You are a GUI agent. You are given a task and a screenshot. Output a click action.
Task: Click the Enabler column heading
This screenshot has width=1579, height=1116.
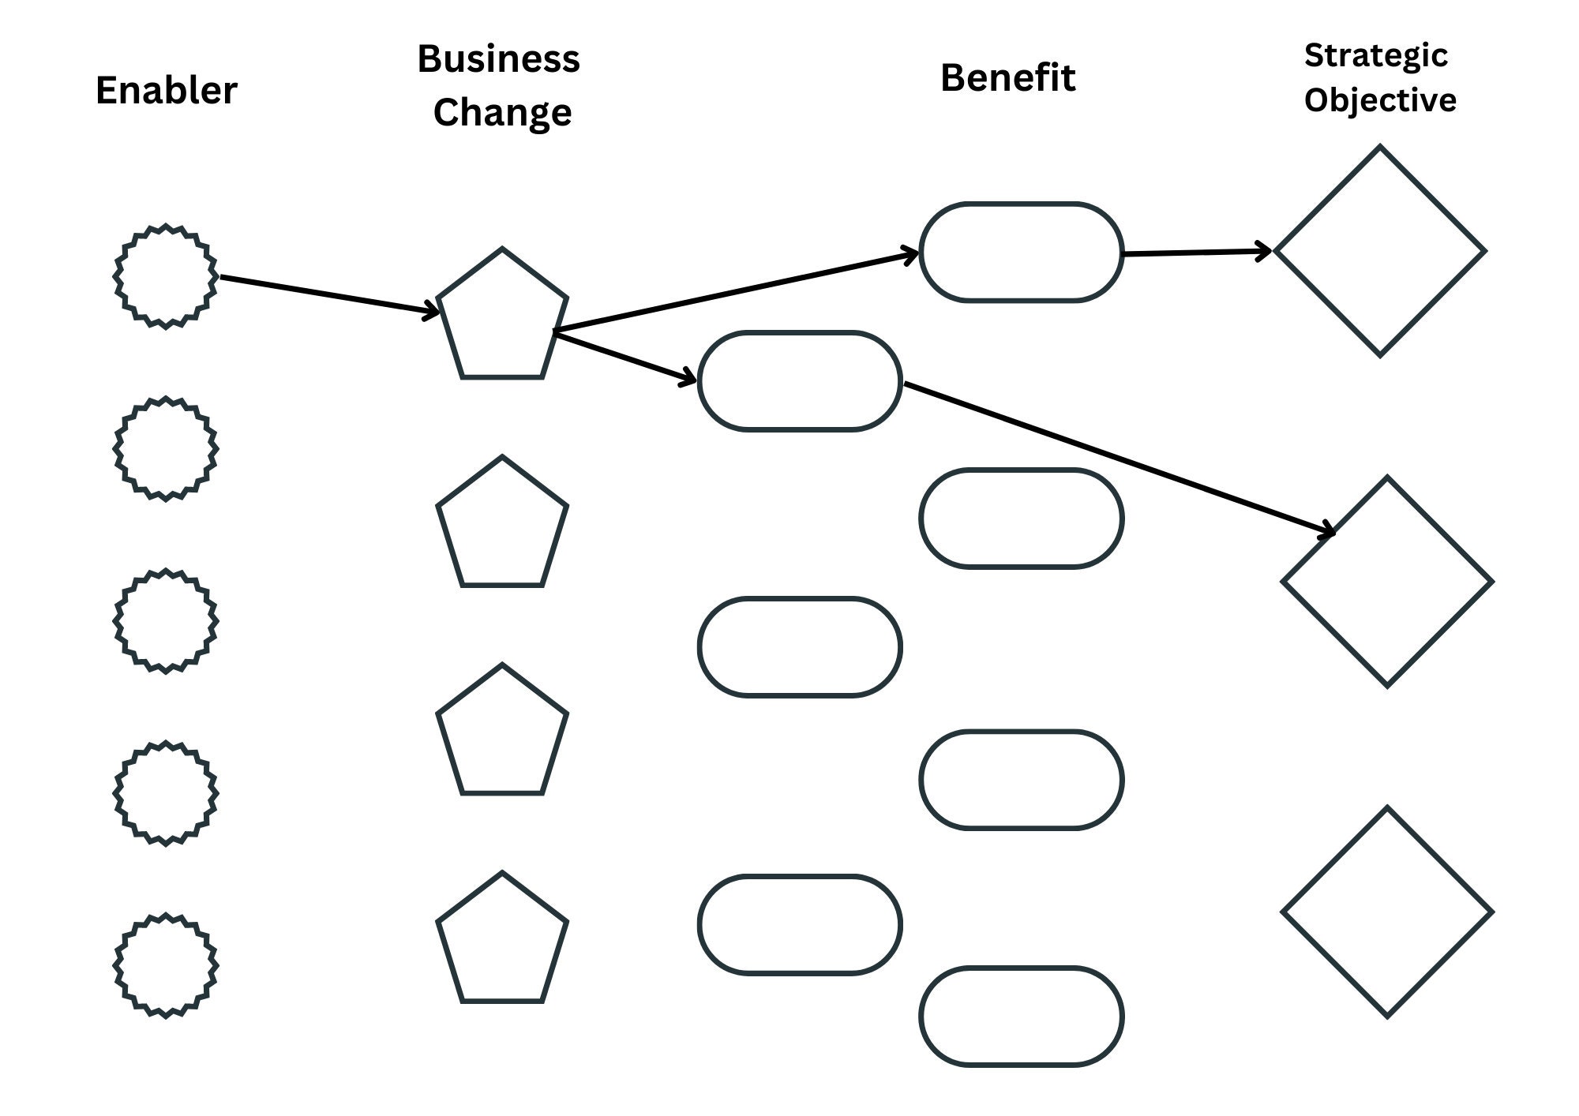coord(166,91)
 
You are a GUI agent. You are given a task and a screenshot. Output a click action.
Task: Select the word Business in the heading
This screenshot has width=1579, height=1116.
coord(498,59)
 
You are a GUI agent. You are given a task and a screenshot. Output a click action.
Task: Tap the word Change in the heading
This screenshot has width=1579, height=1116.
coord(502,112)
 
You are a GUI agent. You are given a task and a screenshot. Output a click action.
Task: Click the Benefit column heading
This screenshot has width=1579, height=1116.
coord(1007,78)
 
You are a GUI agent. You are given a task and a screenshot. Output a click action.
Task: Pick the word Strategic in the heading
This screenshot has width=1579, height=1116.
coord(1375,55)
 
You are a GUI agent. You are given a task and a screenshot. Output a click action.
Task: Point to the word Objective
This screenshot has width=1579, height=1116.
coord(1379,100)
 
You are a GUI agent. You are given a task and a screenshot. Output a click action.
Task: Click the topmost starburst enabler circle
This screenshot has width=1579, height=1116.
coord(165,276)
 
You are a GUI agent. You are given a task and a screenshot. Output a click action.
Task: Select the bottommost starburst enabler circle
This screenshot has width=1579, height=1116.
coord(165,965)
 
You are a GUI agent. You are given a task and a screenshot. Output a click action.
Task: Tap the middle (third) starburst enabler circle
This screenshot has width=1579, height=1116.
coord(165,620)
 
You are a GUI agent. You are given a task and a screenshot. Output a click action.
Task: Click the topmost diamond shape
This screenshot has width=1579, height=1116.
coord(1380,251)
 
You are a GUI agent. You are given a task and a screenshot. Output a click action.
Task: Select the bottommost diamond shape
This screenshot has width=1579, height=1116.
coord(1387,912)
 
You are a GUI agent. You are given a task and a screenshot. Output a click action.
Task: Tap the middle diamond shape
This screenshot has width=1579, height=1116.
coord(1387,582)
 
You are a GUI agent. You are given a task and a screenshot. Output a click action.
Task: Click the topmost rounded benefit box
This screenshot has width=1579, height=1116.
coord(1021,253)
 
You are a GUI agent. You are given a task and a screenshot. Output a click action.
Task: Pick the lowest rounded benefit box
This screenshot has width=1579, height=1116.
coord(1021,1017)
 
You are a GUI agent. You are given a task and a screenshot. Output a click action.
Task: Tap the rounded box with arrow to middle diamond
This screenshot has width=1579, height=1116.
coord(800,381)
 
